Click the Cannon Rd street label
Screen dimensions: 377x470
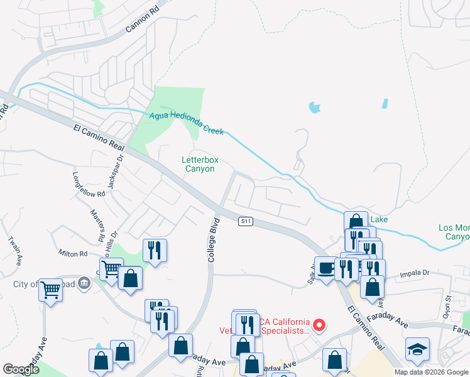(x=143, y=18)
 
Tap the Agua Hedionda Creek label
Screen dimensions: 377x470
(x=187, y=123)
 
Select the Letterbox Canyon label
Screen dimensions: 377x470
(x=200, y=165)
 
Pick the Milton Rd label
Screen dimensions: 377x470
(x=74, y=253)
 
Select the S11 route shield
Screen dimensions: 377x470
(x=246, y=221)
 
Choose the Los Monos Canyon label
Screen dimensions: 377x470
(x=454, y=232)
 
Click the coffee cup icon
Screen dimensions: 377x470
(x=325, y=267)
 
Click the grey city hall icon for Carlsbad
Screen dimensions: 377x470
(x=84, y=284)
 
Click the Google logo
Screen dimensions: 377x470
(x=21, y=369)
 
